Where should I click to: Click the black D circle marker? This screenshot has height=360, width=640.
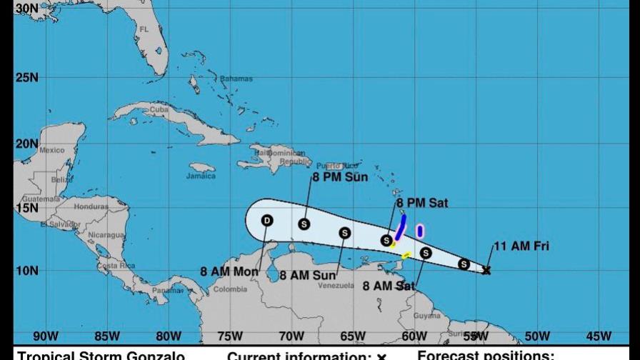point(267,221)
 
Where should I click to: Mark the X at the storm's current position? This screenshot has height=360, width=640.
point(486,270)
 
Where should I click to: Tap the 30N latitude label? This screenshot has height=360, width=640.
point(26,8)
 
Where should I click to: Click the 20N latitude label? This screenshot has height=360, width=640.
point(26,143)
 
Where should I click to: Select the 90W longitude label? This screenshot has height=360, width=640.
point(45,336)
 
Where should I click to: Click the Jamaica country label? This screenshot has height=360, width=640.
point(201,176)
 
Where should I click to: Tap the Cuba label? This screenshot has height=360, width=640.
point(158,109)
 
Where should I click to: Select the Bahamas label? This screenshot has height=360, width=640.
point(236,78)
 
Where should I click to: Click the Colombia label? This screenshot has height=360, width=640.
point(230,289)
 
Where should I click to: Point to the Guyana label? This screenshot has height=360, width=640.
point(427,315)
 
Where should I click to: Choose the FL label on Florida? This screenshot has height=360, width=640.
point(144,29)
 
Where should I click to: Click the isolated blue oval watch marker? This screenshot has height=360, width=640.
point(420,231)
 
